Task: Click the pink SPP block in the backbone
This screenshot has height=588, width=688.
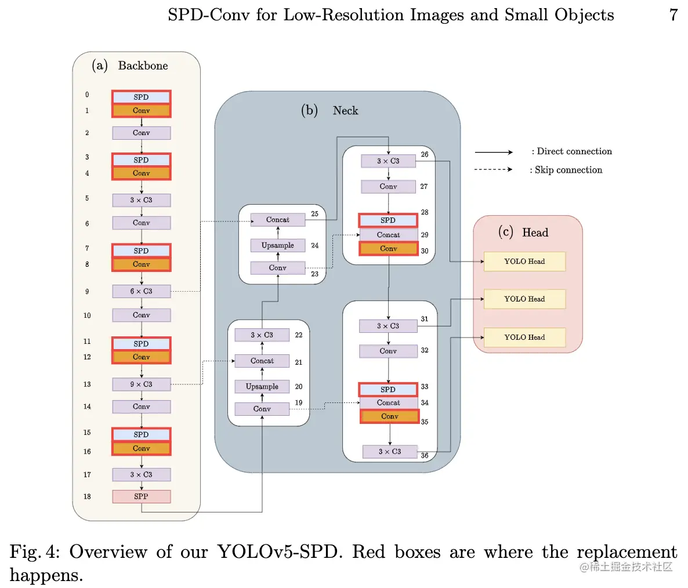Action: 142,496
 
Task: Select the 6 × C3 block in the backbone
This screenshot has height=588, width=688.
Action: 142,291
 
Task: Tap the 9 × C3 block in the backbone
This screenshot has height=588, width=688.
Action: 142,384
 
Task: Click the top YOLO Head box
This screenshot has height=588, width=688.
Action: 524,262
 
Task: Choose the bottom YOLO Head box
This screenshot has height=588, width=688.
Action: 524,337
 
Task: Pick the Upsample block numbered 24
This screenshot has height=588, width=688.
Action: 278,245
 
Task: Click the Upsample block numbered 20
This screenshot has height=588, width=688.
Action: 262,386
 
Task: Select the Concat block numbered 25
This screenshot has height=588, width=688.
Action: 278,220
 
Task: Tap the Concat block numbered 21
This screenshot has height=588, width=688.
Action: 262,361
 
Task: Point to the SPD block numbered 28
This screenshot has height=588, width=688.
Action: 388,220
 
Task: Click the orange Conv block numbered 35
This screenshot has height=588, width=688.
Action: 390,416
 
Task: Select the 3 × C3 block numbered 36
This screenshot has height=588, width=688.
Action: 390,452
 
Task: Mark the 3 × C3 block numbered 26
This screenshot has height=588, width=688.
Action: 388,161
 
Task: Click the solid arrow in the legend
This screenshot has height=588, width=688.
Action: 494,152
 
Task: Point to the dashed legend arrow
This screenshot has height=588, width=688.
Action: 493,169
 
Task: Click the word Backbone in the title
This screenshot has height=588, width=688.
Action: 143,66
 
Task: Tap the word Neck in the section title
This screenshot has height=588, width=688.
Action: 345,111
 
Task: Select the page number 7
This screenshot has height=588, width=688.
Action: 673,15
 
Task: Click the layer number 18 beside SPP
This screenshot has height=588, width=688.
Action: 88,496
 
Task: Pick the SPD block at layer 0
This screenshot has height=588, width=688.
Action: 142,97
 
